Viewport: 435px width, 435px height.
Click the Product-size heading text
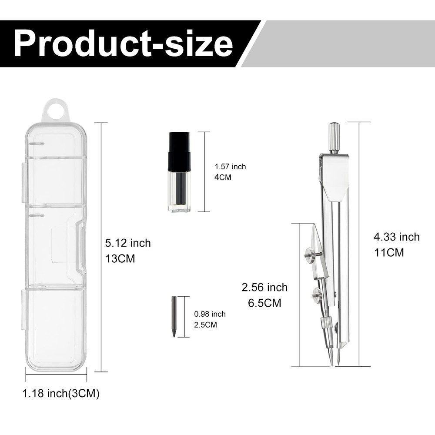[x=123, y=43]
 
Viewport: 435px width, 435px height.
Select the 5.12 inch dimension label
[x=128, y=243]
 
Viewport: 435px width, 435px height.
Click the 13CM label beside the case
[x=120, y=258]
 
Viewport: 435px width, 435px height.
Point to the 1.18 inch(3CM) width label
[x=61, y=393]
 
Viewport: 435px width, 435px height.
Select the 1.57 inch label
[x=230, y=167]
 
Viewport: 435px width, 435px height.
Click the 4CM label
[x=223, y=177]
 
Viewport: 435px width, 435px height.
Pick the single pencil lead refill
[x=174, y=317]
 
